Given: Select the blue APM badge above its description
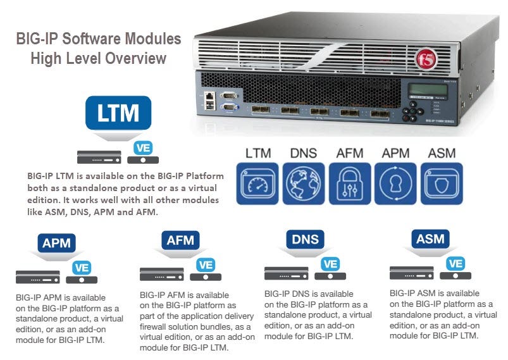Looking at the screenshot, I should (57, 243).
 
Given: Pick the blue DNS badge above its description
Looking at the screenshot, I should (306, 240).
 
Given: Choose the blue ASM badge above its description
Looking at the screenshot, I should (430, 240).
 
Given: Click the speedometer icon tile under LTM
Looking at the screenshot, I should (257, 183).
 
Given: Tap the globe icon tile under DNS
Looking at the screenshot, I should (303, 183).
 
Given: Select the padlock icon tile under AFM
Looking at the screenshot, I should (349, 183).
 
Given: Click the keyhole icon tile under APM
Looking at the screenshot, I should (395, 183).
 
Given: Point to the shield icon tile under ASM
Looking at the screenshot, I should (442, 183).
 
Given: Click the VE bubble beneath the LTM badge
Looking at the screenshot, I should (143, 148).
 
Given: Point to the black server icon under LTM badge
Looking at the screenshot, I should (99, 154).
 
